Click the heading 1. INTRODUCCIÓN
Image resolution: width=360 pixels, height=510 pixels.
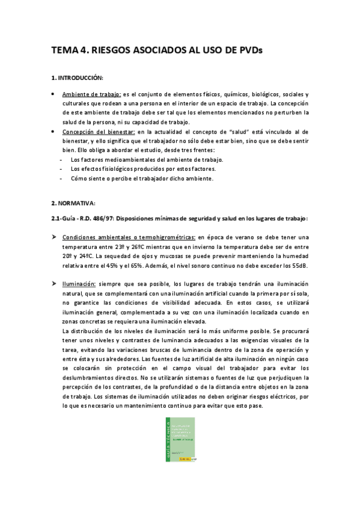(x=78, y=79)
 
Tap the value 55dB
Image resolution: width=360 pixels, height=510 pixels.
(x=299, y=266)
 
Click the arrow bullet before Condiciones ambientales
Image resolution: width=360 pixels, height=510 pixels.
(x=53, y=238)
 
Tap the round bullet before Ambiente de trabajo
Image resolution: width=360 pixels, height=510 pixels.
(x=53, y=94)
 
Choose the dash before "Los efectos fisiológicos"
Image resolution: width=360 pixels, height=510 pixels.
(x=63, y=169)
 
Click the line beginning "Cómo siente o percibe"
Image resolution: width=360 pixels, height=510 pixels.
(x=141, y=179)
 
